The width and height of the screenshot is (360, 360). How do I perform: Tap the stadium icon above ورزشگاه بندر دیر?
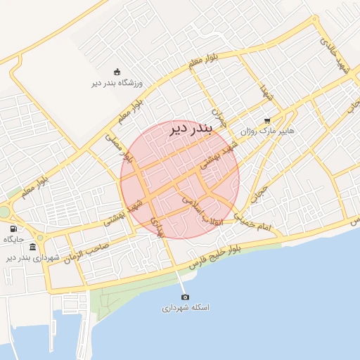click(x=117, y=72)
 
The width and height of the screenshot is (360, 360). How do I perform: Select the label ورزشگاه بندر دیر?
click(x=117, y=83)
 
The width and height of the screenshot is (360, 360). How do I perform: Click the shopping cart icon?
click(x=266, y=120)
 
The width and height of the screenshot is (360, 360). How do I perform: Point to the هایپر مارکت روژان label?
click(x=266, y=131)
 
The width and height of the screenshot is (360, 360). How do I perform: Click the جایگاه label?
click(x=14, y=240)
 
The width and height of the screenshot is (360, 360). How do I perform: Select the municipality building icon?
click(x=36, y=247)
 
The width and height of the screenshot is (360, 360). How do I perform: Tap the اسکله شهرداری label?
click(x=186, y=308)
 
